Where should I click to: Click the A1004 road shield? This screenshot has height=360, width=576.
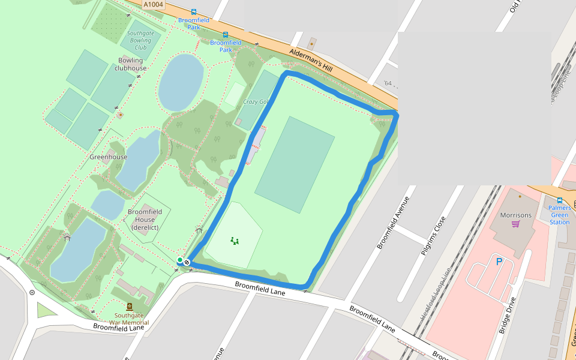click(154, 4)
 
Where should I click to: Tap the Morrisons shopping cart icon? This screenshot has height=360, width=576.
click(515, 224)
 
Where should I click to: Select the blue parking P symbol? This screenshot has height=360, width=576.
click(499, 262)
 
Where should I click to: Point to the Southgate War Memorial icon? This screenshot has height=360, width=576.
click(130, 306)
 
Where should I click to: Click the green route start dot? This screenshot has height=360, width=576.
click(179, 260)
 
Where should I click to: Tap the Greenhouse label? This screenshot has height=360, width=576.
click(109, 157)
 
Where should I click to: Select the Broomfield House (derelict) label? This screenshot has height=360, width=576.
click(145, 219)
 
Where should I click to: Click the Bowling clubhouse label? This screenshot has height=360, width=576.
click(130, 64)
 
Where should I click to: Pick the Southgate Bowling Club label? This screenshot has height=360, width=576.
click(140, 40)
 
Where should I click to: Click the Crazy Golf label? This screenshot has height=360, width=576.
click(254, 102)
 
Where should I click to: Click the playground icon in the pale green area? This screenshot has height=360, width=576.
click(234, 241)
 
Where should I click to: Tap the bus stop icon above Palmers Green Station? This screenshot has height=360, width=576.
click(559, 200)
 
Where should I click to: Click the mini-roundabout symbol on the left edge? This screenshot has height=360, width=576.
click(32, 293)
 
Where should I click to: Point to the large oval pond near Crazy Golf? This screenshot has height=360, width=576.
click(181, 82)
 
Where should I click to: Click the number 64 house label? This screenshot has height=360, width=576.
click(388, 83)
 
